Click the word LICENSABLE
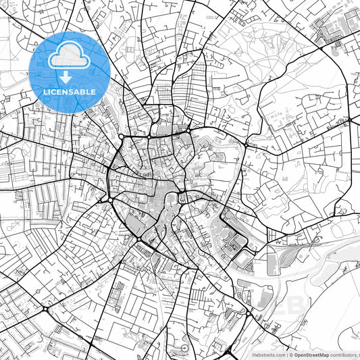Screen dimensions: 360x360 pos(70,92)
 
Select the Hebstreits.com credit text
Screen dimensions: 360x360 pos(269,354)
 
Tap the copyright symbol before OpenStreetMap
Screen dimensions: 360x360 pos(291,354)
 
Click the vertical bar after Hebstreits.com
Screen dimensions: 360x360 pos(286,354)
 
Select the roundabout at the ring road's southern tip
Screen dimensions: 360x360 pos(139,239)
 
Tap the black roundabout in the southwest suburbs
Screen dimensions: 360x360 pos(46,309)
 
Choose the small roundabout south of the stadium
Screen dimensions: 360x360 pos(248,313)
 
